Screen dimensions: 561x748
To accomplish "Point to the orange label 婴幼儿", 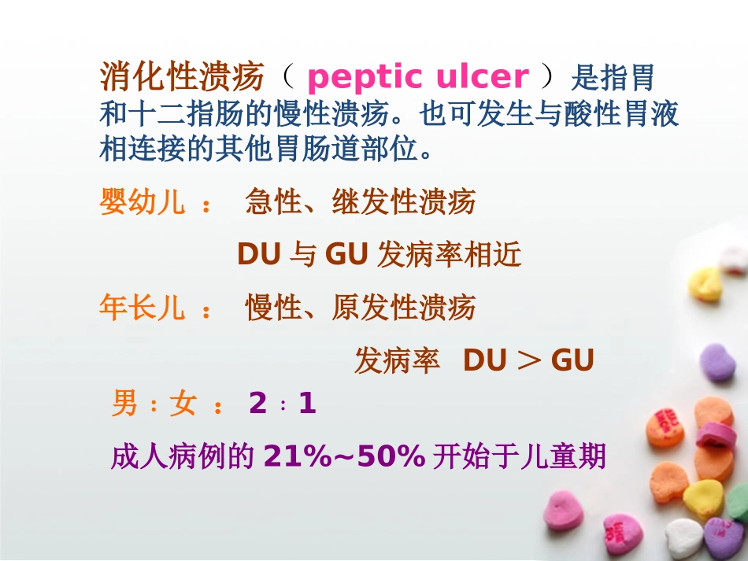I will [142, 202].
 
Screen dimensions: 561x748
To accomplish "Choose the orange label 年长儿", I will [142, 308].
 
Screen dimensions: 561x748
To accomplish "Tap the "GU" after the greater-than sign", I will [572, 360].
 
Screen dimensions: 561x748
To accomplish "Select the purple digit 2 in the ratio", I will [257, 404].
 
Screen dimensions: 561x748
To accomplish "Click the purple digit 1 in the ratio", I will [307, 404].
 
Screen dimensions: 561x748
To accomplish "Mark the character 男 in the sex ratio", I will [125, 404].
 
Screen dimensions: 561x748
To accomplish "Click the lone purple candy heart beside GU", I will [717, 363].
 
